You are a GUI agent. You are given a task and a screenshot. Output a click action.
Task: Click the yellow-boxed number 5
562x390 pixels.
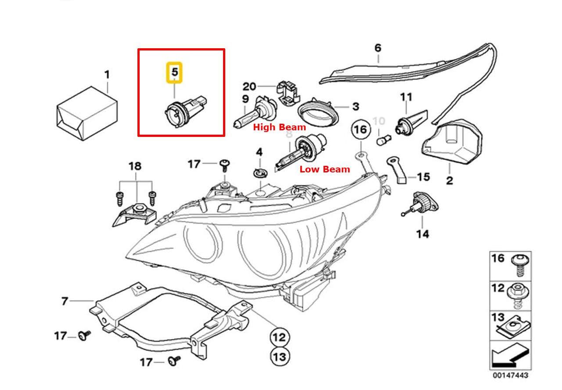(x=175, y=73)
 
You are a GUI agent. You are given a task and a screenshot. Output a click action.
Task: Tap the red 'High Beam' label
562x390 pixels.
(x=280, y=128)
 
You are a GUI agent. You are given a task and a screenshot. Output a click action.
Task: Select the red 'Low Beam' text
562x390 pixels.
(x=324, y=169)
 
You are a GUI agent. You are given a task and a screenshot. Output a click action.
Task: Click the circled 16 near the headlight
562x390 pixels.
(x=360, y=130)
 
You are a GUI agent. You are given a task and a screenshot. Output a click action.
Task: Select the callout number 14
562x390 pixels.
(x=422, y=234)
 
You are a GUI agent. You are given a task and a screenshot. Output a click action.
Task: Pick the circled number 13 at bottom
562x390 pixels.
(x=279, y=356)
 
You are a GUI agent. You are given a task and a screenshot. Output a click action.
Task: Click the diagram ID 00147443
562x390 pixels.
(x=510, y=376)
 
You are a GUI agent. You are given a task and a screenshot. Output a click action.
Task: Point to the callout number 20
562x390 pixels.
(x=249, y=86)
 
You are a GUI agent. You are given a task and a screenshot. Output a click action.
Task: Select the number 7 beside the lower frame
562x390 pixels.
(x=65, y=301)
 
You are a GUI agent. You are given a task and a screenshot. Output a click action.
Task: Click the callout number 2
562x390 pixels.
(x=449, y=180)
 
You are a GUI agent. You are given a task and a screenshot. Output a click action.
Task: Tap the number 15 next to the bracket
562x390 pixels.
(x=423, y=177)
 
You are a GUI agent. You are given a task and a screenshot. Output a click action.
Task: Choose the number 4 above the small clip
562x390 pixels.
(x=259, y=152)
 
